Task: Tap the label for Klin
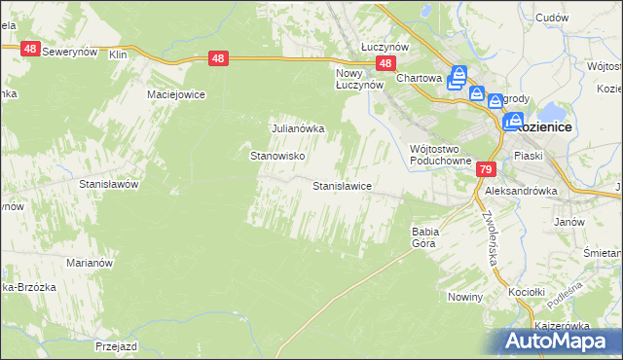119,55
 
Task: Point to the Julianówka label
297,127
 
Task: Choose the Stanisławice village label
342,185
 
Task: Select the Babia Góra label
426,237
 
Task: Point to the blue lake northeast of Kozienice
553,111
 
